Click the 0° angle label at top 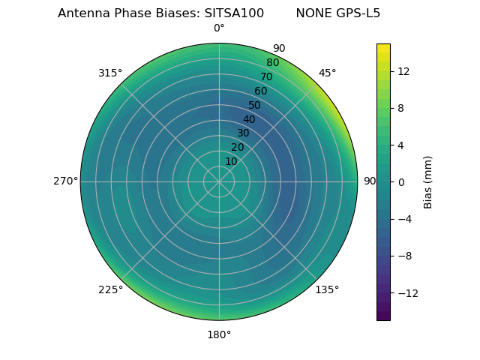[x=219, y=28]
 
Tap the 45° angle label [x=327, y=73]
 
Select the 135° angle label [x=327, y=289]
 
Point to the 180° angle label [x=219, y=334]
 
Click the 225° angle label [x=110, y=289]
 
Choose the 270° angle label [x=65, y=181]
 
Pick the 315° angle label [x=110, y=73]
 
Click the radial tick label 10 [x=231, y=161]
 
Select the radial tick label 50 [x=255, y=105]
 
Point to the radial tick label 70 [x=266, y=76]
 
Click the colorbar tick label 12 [x=403, y=71]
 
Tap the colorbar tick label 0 [x=400, y=182]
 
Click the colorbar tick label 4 [x=400, y=145]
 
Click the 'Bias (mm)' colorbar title [x=428, y=182]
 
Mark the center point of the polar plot [x=219, y=181]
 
